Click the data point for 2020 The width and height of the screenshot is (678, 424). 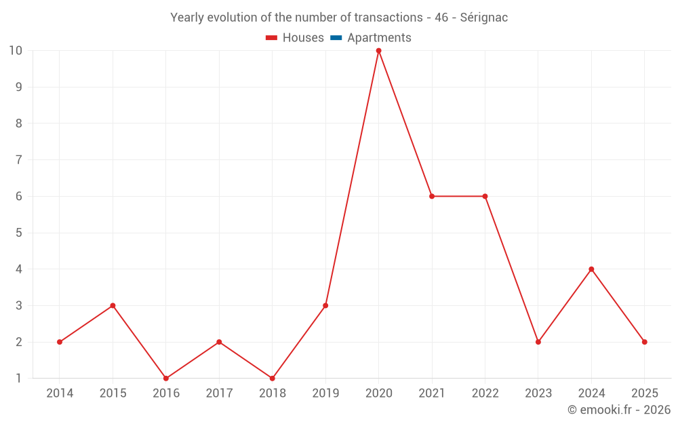pyautogui.click(x=378, y=50)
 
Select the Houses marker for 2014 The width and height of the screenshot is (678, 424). pyautogui.click(x=60, y=342)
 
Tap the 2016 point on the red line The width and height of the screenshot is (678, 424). pyautogui.click(x=166, y=379)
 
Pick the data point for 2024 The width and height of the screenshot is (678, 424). pyautogui.click(x=591, y=269)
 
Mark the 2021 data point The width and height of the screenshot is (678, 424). pyautogui.click(x=432, y=196)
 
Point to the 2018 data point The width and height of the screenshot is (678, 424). pyautogui.click(x=273, y=379)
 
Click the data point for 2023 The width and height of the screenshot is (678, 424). pyautogui.click(x=538, y=342)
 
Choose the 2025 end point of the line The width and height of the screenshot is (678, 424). pyautogui.click(x=645, y=342)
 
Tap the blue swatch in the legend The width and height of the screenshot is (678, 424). pyautogui.click(x=336, y=38)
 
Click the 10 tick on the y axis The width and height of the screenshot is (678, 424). pyautogui.click(x=16, y=50)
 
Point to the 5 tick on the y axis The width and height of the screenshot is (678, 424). pyautogui.click(x=19, y=233)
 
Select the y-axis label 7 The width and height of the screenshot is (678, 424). pyautogui.click(x=19, y=160)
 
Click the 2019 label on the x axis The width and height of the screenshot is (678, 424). pyautogui.click(x=325, y=393)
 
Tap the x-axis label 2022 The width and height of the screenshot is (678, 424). pyautogui.click(x=485, y=393)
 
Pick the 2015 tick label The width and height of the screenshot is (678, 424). pyautogui.click(x=113, y=393)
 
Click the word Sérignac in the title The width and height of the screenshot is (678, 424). pyautogui.click(x=483, y=18)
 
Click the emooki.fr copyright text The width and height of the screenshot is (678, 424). pyautogui.click(x=619, y=410)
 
